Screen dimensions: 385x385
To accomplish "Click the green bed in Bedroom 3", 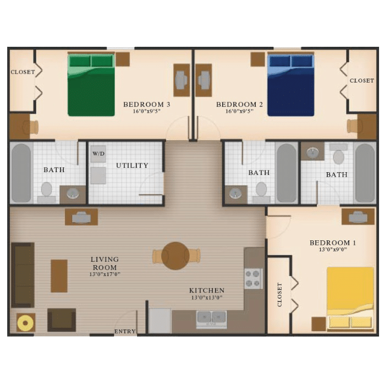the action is click(91, 85).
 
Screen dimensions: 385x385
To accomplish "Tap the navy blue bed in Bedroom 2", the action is click(291, 85).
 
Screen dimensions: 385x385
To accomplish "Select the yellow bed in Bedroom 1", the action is click(350, 299).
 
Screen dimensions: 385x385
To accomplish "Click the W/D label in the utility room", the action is click(98, 153).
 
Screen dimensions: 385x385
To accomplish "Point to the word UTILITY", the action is click(132, 166).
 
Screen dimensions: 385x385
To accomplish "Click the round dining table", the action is click(175, 256).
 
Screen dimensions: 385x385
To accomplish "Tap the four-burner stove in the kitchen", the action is click(254, 279).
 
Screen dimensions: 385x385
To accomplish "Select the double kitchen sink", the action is click(211, 318).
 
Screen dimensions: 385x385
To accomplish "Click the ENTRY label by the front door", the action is click(125, 332).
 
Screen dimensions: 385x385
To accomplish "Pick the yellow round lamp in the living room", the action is click(25, 323).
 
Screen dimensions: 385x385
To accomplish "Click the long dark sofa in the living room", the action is click(23, 275).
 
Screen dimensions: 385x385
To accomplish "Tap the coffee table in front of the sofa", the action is click(59, 276).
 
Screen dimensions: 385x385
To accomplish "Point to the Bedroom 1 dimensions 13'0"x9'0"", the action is click(332, 250).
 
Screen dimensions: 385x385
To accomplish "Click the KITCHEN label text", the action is click(207, 290).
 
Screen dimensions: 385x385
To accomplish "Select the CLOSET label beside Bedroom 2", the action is click(362, 80).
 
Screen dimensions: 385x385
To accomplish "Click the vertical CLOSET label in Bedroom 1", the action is click(279, 294).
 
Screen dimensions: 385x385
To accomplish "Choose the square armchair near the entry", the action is click(62, 320).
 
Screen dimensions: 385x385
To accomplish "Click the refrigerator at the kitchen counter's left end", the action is click(160, 321).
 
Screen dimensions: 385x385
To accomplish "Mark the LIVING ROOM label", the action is click(105, 263).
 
